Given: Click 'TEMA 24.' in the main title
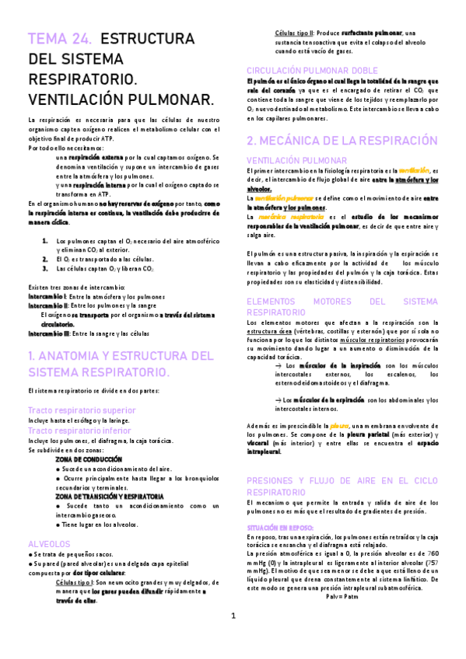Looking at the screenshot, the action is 60,38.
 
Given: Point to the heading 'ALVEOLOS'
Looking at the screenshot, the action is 48,543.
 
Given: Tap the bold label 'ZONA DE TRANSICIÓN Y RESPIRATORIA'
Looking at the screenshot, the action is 109,495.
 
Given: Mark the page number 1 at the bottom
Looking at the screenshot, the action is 233,638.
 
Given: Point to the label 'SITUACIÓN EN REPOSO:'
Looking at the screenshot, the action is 280,527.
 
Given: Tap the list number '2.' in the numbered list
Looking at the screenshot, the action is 46,258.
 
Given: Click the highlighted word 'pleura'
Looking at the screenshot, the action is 340,425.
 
